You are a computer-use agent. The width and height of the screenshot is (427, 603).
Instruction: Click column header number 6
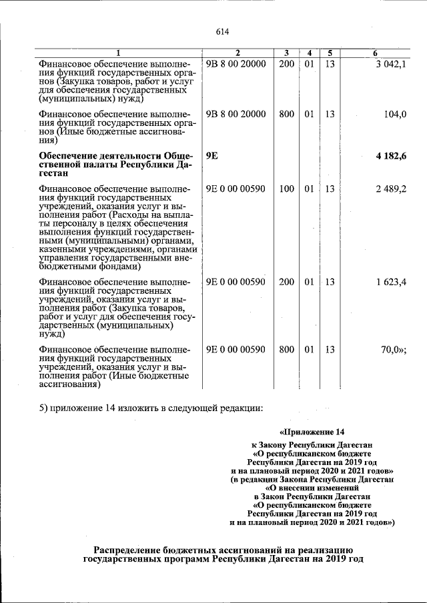[x=375, y=53]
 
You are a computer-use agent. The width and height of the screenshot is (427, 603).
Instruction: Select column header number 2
[x=237, y=53]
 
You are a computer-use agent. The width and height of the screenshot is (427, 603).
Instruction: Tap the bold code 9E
[x=212, y=156]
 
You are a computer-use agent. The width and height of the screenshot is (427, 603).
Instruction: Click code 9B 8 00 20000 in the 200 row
[x=236, y=64]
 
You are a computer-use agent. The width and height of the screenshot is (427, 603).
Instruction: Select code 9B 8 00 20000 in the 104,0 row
[x=236, y=114]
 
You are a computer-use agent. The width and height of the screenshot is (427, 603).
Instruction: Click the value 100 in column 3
[x=286, y=189]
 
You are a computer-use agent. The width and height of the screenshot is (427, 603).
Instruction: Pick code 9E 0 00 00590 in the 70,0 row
[x=236, y=349]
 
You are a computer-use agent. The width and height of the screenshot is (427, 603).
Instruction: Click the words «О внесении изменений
[x=312, y=487]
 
